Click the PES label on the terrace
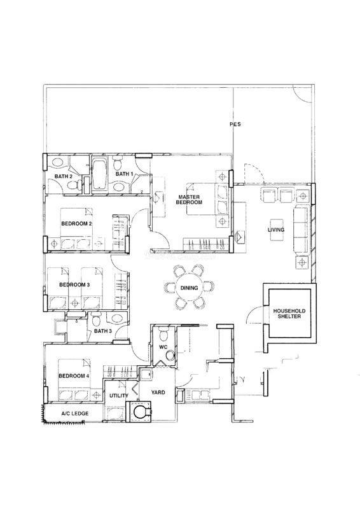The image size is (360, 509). (235, 124)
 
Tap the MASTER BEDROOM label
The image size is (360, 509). (189, 199)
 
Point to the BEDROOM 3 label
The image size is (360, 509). (74, 284)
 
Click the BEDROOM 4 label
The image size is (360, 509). (74, 376)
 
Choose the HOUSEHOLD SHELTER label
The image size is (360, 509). (289, 313)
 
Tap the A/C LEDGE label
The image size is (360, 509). (75, 414)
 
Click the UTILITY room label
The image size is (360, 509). (118, 395)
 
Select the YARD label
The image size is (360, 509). (158, 393)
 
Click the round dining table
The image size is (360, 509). (189, 288)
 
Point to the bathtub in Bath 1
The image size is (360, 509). (99, 174)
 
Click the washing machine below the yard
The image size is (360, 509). (140, 412)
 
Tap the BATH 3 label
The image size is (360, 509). (103, 331)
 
